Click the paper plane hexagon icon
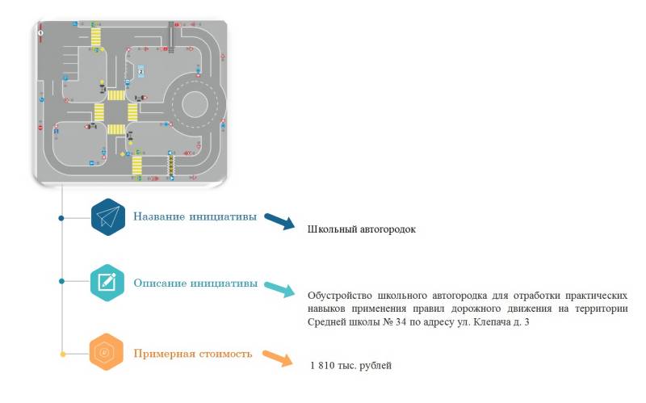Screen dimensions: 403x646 coord(107,216)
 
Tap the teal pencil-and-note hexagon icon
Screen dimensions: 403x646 coord(107,282)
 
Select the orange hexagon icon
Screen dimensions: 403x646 coord(107,352)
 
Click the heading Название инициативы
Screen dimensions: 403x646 coord(195,216)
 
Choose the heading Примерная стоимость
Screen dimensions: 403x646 coord(193,353)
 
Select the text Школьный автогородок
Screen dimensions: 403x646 coord(361,229)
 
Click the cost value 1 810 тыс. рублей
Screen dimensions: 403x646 coord(350,366)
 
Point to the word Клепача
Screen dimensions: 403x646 coord(487,323)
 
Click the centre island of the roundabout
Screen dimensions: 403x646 coord(196,103)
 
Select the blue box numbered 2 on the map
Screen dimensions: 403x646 coord(141,71)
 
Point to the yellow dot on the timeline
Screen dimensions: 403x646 coord(62,353)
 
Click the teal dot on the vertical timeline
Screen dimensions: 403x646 coord(62,282)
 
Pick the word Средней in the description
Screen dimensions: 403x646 coord(326,323)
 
